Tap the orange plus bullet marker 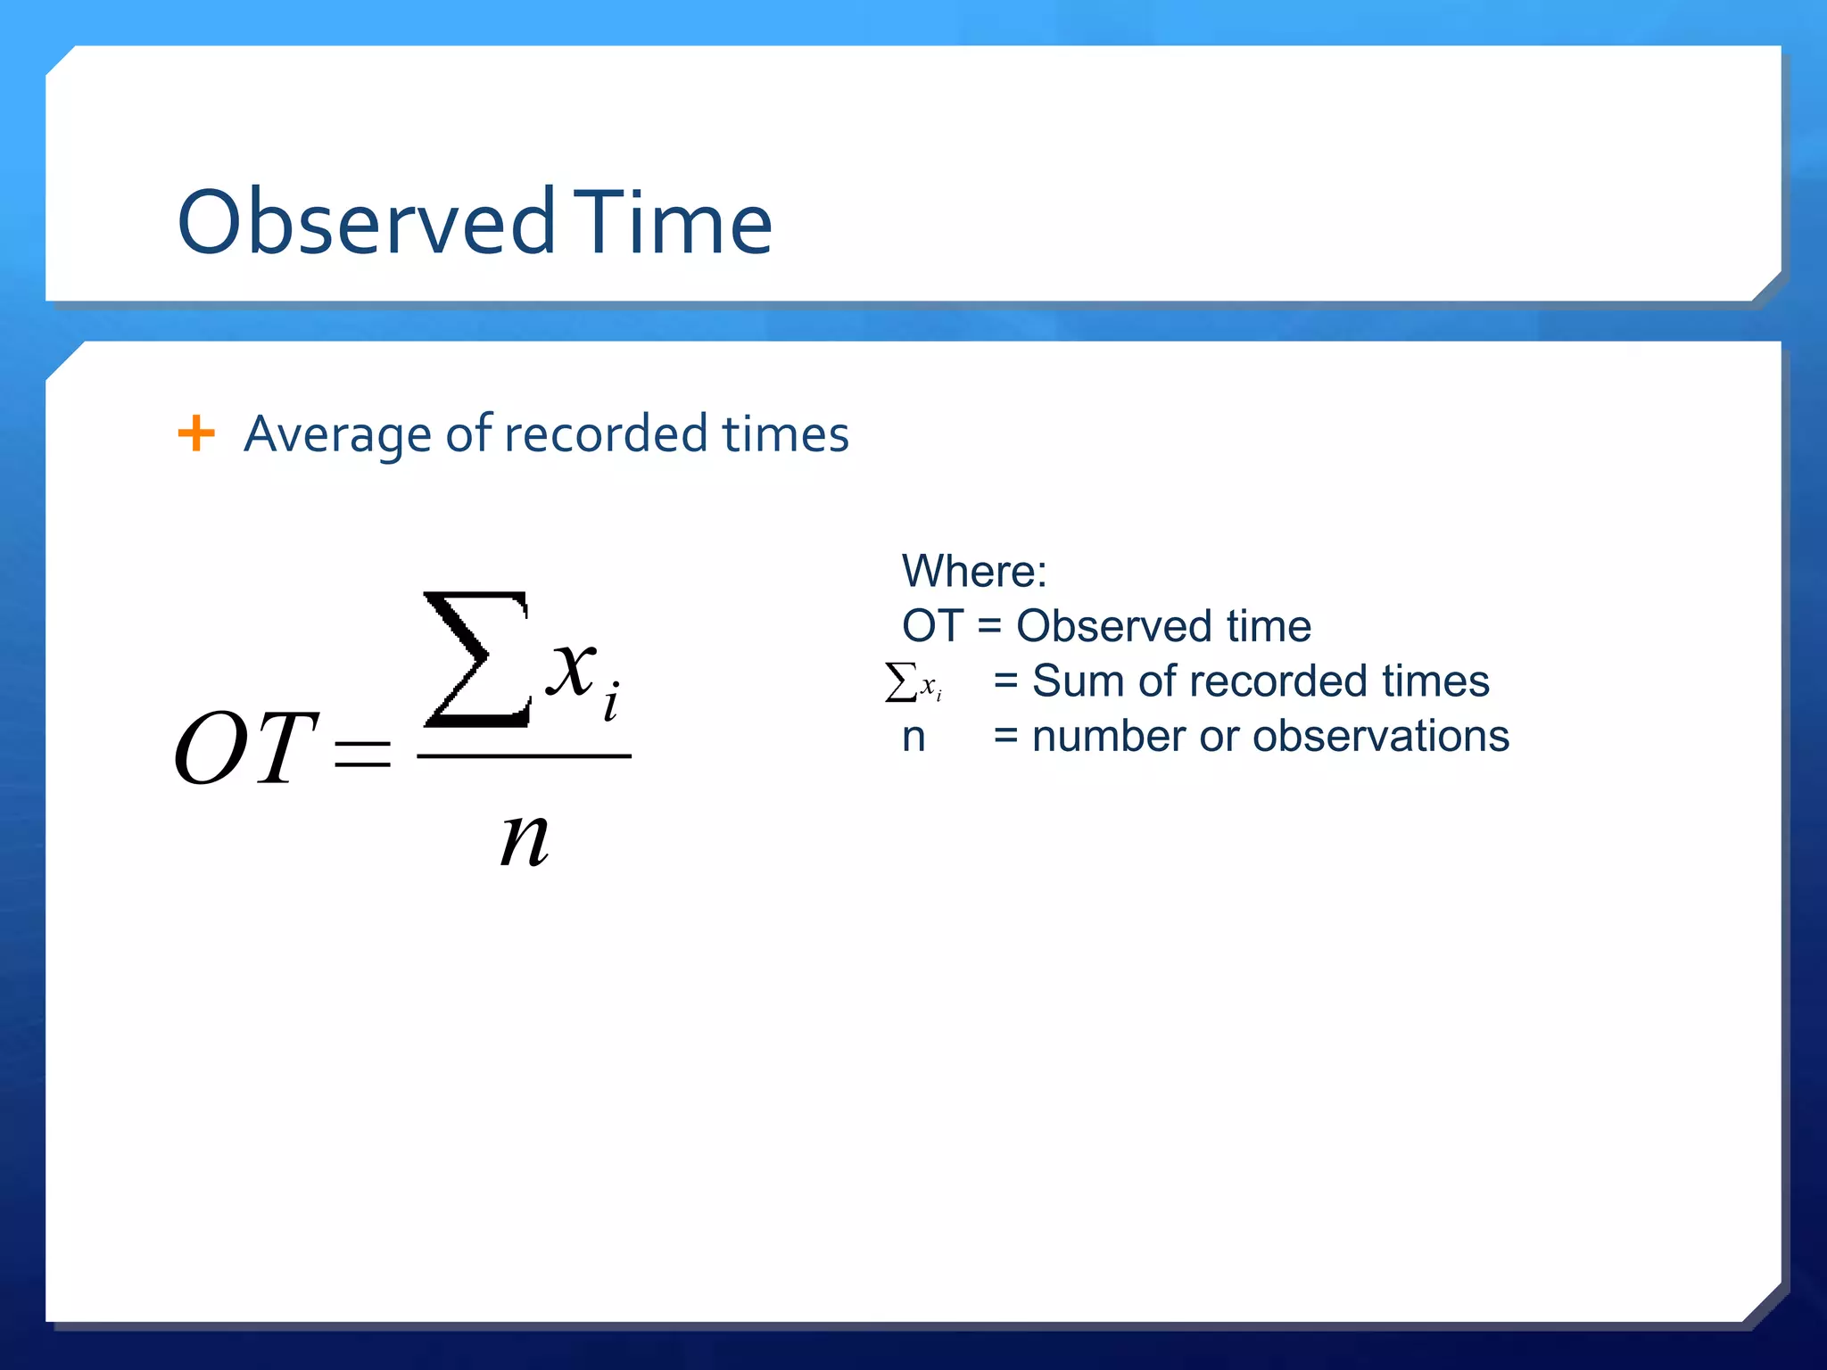[196, 433]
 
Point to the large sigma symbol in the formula [476, 659]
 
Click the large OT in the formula [245, 747]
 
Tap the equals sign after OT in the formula [361, 754]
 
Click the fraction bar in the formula [524, 756]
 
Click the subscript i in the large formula [611, 701]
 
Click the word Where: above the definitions [973, 571]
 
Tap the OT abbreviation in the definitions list [931, 626]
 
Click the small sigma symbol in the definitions [901, 682]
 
